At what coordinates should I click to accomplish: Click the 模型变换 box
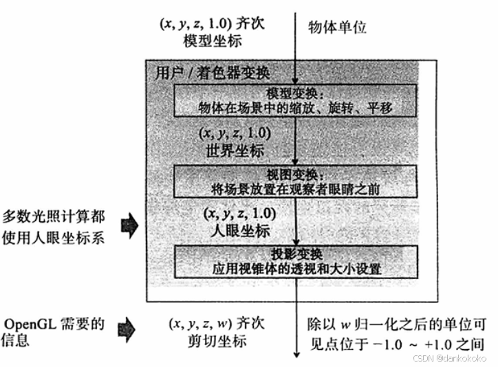pos(295,100)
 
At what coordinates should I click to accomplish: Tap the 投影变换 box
pos(295,261)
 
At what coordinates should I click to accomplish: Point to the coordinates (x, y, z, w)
pos(199,323)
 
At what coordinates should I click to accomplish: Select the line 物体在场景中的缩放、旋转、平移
pos(295,108)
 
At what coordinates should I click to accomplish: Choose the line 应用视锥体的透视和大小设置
pos(295,269)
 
